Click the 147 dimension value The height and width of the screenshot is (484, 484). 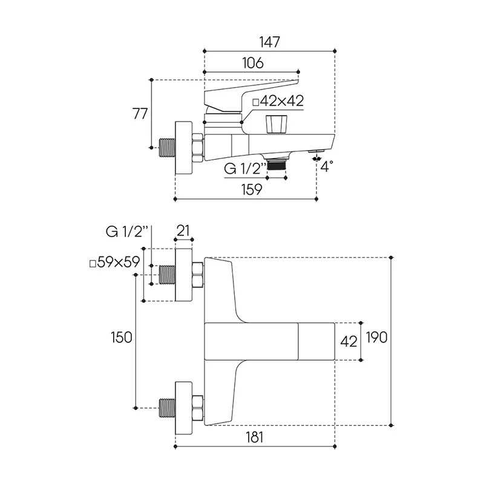pyautogui.click(x=269, y=42)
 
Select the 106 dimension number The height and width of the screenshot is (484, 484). pyautogui.click(x=253, y=63)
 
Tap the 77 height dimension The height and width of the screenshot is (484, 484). pyautogui.click(x=140, y=114)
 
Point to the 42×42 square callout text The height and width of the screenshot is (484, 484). pyautogui.click(x=278, y=101)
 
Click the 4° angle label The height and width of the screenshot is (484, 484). pyautogui.click(x=327, y=166)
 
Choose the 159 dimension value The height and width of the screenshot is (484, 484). pyautogui.click(x=252, y=189)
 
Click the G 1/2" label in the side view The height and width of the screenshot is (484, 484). pyautogui.click(x=245, y=169)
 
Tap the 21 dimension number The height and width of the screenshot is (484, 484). pyautogui.click(x=183, y=231)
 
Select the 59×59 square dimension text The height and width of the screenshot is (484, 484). pyautogui.click(x=114, y=263)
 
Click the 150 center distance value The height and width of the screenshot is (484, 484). pyautogui.click(x=122, y=338)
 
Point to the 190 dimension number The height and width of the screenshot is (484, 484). pyautogui.click(x=376, y=337)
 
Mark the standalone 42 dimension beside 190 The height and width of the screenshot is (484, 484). pyautogui.click(x=348, y=341)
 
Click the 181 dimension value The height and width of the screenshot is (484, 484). pyautogui.click(x=254, y=437)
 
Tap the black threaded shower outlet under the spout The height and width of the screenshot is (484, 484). pyautogui.click(x=276, y=165)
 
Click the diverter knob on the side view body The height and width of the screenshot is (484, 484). pyautogui.click(x=276, y=125)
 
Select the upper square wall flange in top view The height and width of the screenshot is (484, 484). pyautogui.click(x=184, y=275)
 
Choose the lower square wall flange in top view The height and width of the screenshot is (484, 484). pyautogui.click(x=184, y=408)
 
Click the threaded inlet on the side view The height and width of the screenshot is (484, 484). pyautogui.click(x=167, y=148)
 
